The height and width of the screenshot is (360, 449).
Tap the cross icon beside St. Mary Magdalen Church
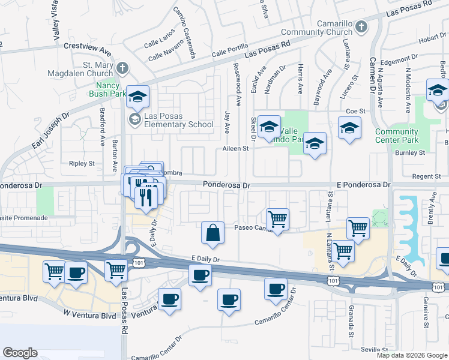(122, 67)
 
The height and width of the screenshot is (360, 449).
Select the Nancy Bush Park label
(107, 89)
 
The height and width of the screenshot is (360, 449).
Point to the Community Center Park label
(396, 136)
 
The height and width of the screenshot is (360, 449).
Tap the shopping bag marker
(213, 233)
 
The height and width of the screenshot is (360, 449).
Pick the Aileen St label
(235, 148)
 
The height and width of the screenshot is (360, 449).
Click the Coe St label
(356, 112)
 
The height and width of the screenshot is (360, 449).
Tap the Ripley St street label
(82, 163)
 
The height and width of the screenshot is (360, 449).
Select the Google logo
(20, 353)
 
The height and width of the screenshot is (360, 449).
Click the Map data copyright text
(411, 355)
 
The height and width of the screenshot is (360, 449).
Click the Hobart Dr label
(431, 39)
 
